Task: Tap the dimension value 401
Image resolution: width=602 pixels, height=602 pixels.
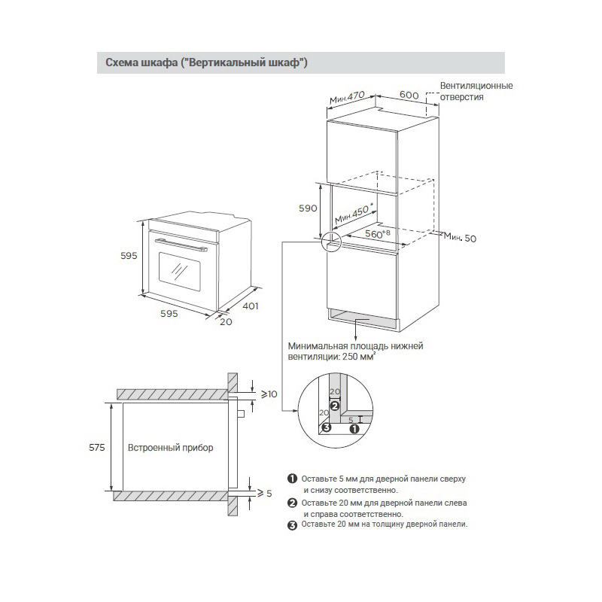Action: (251, 306)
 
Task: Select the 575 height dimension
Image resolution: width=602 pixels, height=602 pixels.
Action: (97, 447)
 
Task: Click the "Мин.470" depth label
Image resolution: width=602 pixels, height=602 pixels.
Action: (347, 97)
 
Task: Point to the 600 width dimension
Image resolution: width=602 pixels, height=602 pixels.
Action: (409, 95)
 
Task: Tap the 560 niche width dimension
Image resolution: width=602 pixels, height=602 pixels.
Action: (377, 234)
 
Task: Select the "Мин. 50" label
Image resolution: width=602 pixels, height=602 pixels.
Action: (460, 238)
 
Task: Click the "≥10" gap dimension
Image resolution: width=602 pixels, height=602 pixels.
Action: (269, 394)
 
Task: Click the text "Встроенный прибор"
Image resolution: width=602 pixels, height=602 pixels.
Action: (170, 448)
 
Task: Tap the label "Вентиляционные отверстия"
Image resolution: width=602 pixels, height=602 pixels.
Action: (476, 91)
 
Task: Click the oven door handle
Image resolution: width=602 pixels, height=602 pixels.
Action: (181, 244)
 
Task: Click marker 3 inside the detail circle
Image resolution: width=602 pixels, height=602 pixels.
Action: (326, 428)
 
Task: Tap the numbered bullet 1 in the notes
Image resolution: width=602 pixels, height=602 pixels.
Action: (292, 479)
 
